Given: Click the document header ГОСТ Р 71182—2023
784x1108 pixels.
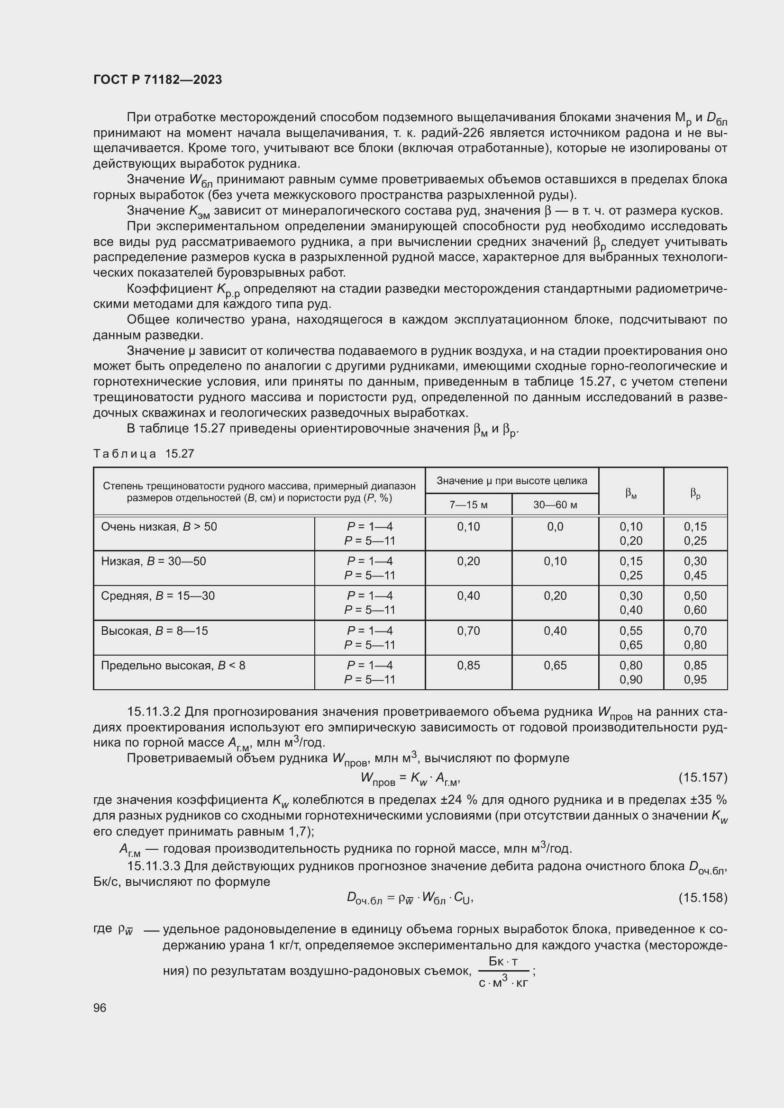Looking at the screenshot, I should pyautogui.click(x=157, y=80).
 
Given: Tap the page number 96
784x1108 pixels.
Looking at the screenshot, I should pyautogui.click(x=100, y=1008).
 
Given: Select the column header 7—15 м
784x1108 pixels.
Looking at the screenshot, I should pyautogui.click(x=468, y=505).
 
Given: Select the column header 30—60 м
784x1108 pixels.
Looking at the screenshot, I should pyautogui.click(x=555, y=505).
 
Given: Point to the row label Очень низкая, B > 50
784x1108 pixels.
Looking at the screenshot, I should pyautogui.click(x=159, y=526).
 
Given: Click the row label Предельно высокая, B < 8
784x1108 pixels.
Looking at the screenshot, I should pyautogui.click(x=173, y=666).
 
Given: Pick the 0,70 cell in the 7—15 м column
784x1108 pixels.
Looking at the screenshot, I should pyautogui.click(x=468, y=631).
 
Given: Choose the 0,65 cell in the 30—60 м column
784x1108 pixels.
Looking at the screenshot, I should pyautogui.click(x=555, y=666).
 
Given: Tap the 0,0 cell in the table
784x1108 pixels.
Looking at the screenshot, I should pyautogui.click(x=555, y=526).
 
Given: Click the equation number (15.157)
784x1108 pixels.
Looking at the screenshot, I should pyautogui.click(x=702, y=777).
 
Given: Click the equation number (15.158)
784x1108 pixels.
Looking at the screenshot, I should pyautogui.click(x=702, y=898).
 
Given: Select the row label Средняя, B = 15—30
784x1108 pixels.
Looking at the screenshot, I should pyautogui.click(x=157, y=596).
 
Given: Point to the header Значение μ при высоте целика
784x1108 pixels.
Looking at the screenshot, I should pyautogui.click(x=512, y=481).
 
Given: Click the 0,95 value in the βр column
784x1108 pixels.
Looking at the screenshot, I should pyautogui.click(x=695, y=679).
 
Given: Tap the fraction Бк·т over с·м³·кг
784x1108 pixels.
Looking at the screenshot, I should pyautogui.click(x=503, y=972).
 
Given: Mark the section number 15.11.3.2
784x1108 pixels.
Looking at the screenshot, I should pyautogui.click(x=154, y=712).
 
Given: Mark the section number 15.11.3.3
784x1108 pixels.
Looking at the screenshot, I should pyautogui.click(x=154, y=866).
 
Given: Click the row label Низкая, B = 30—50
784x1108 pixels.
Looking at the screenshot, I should pyautogui.click(x=153, y=561).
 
